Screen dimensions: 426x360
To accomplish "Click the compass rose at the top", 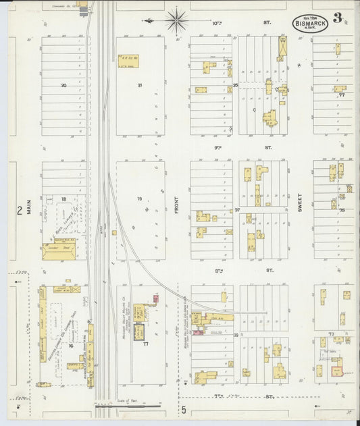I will point(176,20).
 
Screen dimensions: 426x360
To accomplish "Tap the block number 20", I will point(63,86).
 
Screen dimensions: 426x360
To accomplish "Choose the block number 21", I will point(140,85).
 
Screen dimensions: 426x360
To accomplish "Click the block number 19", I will point(140,198).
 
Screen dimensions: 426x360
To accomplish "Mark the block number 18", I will point(63,199).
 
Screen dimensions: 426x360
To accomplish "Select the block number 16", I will point(70,346).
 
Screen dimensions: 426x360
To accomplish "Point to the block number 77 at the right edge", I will point(342,95).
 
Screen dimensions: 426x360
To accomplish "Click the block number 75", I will point(342,211).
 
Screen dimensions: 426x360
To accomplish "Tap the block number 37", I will point(237,210).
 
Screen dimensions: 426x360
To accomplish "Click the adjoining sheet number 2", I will point(19,211).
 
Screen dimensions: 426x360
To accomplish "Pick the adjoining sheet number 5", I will point(182,409).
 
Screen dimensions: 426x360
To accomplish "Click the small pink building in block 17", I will point(156,298).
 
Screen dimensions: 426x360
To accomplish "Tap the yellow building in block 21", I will point(128,59).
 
